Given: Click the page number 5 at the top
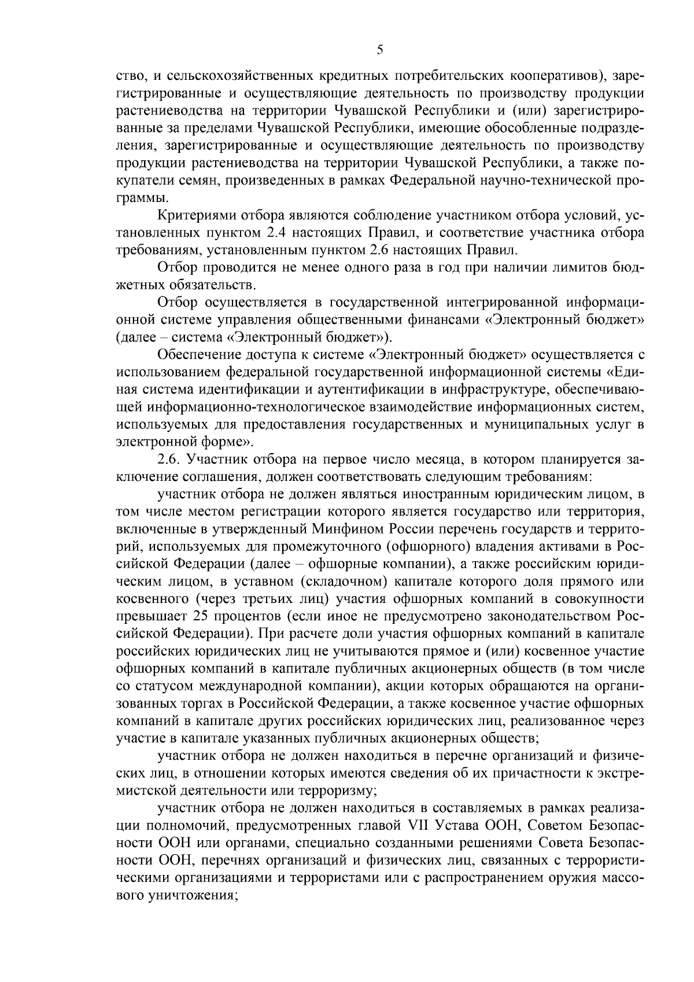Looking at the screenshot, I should [x=379, y=50].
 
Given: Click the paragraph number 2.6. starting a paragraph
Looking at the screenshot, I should [x=171, y=460].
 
